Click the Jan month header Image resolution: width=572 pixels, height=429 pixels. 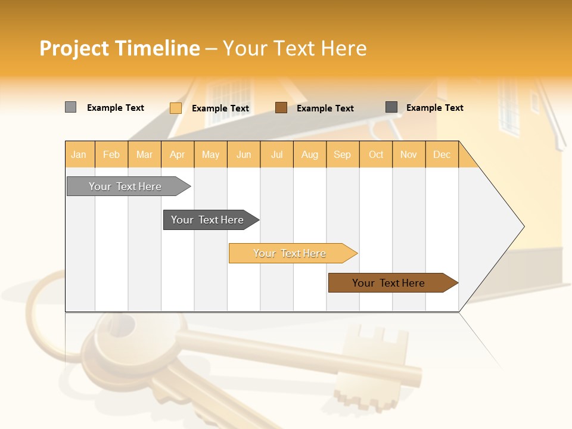(79, 154)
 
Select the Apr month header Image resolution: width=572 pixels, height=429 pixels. (178, 154)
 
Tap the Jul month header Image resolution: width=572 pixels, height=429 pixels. (277, 154)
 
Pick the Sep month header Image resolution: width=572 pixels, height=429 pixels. (343, 154)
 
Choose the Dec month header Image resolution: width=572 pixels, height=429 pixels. (442, 154)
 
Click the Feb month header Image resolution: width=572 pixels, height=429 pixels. (111, 154)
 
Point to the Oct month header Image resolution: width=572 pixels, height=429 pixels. (376, 154)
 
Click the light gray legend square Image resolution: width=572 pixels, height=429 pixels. (70, 107)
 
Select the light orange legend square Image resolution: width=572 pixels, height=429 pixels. (175, 108)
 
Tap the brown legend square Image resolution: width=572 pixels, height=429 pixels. (281, 108)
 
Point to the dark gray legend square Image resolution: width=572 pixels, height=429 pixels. (391, 107)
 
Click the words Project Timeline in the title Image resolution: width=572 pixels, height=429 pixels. (120, 48)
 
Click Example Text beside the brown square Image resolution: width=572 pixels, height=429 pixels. (325, 108)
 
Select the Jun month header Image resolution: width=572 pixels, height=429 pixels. (244, 154)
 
